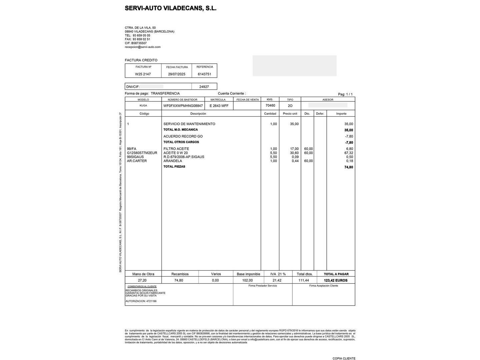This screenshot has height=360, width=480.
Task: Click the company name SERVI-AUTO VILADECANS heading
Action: [170, 8]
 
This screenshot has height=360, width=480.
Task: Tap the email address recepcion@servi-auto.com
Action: [143, 47]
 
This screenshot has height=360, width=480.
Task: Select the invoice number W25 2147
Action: [143, 74]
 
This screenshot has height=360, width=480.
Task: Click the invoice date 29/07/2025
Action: [177, 74]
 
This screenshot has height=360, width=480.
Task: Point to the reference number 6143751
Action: [204, 74]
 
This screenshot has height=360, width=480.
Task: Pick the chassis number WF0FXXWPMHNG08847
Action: [183, 106]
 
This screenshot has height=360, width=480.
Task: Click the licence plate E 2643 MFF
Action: [219, 106]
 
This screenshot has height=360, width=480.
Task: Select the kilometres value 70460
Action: [270, 105]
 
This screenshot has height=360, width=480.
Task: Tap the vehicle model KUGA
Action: [143, 106]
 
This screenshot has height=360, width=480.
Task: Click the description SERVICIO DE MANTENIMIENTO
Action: [189, 124]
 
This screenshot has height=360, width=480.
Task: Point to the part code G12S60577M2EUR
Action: [142, 153]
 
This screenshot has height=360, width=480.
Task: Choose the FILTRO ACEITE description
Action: [176, 149]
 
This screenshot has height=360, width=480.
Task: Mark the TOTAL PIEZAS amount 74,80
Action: [348, 167]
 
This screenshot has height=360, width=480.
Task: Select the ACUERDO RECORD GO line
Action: [183, 136]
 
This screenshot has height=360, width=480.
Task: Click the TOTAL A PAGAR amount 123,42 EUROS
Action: [336, 280]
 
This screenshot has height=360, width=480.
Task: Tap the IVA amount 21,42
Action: [277, 280]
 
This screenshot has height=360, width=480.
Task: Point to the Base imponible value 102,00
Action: [247, 280]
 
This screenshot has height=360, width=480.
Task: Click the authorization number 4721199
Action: [151, 301]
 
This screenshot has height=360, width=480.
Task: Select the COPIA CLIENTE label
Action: [344, 358]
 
